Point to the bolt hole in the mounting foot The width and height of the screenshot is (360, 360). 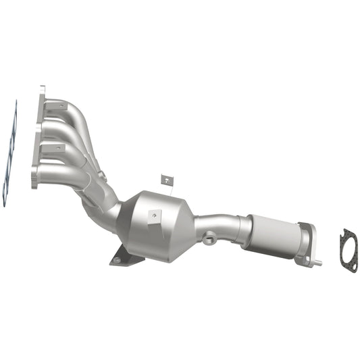119,257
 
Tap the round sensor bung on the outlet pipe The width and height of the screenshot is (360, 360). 209,238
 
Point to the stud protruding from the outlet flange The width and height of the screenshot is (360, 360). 317,261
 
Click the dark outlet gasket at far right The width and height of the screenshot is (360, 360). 349,251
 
